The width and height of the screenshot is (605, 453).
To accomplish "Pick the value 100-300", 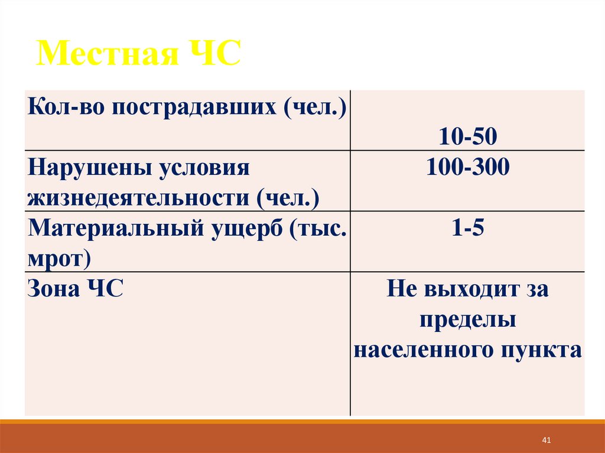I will [x=467, y=169].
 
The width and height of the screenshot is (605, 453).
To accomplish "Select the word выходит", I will [x=465, y=290].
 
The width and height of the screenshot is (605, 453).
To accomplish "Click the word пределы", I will [x=468, y=320].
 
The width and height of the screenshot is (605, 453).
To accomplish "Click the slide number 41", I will [x=546, y=440].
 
